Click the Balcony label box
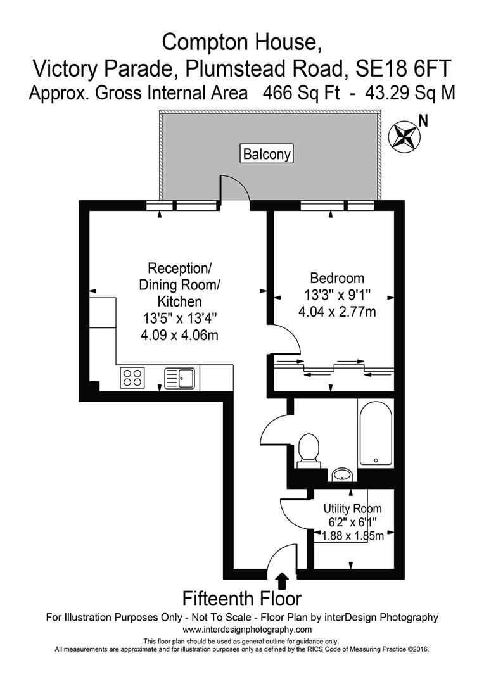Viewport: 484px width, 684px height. tap(267, 153)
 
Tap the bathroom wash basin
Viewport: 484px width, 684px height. tap(343, 474)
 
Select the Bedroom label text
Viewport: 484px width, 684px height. tap(336, 278)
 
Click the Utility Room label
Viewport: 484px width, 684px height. tap(352, 509)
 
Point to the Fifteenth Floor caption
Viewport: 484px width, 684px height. tap(242, 598)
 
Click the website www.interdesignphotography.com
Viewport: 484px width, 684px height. tap(247, 630)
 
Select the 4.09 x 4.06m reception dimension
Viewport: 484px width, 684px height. tap(179, 335)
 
